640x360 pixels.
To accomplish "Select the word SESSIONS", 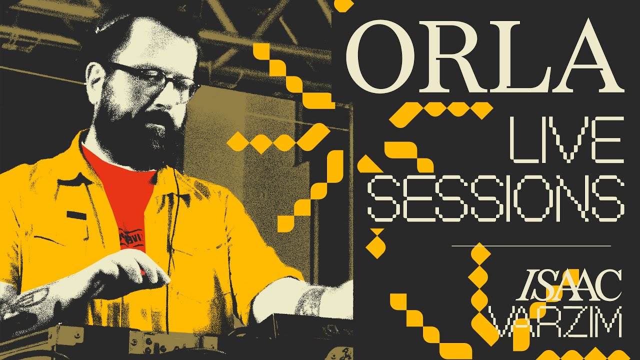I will pos(495,198).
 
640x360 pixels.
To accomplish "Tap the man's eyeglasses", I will pos(155,80).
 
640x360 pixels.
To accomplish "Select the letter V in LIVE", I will pos(566,139).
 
